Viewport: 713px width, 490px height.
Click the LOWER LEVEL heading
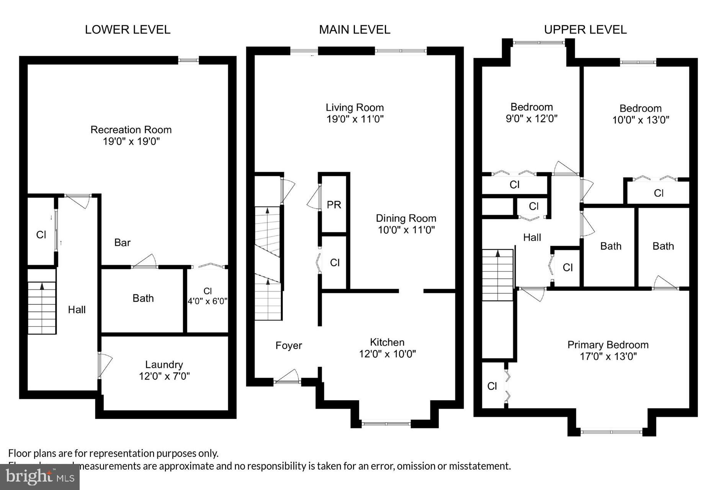[128, 29]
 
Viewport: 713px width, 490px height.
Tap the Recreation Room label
[131, 130]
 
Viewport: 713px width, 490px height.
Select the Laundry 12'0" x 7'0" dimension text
[164, 376]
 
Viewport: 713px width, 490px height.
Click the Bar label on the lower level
[122, 242]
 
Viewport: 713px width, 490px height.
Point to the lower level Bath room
[143, 298]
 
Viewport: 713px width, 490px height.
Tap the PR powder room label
[334, 205]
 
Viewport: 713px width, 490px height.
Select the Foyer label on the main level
[289, 346]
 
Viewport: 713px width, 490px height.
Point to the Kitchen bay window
[386, 424]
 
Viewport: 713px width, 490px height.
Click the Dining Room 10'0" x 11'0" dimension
[406, 230]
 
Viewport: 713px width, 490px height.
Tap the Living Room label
[355, 108]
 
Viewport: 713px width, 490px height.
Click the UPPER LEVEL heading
[585, 29]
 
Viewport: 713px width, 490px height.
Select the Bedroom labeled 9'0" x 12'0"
[531, 113]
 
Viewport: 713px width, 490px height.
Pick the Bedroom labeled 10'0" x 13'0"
[641, 114]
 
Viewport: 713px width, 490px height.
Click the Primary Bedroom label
[608, 345]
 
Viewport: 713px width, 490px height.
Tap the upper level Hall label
[532, 237]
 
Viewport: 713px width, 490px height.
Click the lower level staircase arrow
[42, 286]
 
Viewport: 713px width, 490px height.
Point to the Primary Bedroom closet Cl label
[492, 386]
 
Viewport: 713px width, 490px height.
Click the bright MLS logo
[40, 476]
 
